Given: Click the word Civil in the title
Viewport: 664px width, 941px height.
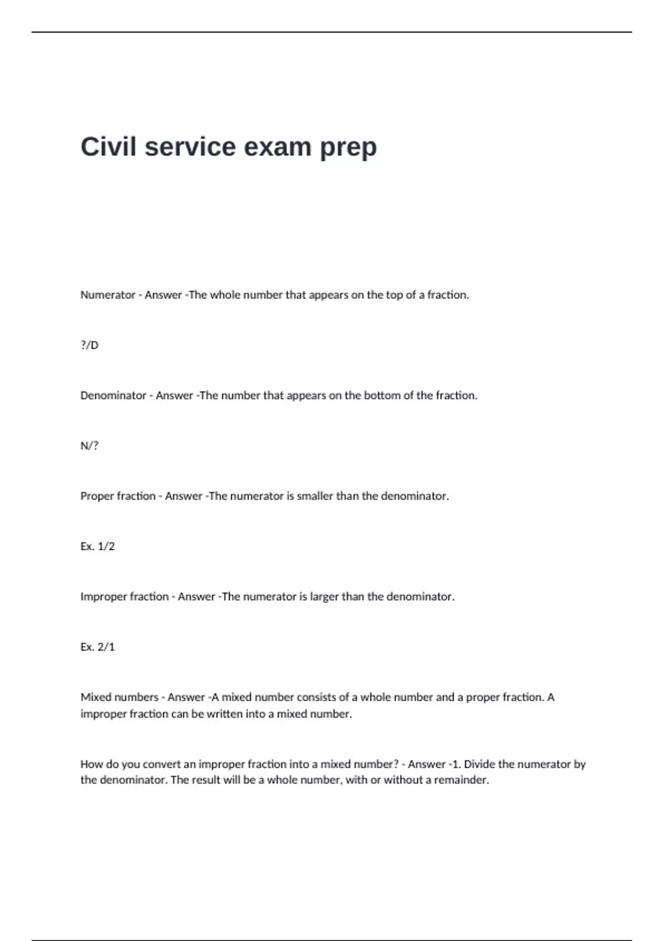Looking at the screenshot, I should tap(108, 147).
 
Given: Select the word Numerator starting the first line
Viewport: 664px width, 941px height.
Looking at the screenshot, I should tap(108, 295).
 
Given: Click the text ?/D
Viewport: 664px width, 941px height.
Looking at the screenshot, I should tap(89, 345).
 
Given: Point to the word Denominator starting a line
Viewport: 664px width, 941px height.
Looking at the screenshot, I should tap(113, 396).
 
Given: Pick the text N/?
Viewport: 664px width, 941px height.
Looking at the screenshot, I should tap(89, 446).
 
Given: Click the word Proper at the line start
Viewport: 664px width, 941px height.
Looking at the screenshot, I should tap(97, 497).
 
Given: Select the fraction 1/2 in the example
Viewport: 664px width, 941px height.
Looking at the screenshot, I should tap(106, 546).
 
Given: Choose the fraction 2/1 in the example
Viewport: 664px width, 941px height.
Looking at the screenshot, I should tap(106, 647).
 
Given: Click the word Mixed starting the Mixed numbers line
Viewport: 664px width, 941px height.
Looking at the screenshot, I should tap(95, 697).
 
